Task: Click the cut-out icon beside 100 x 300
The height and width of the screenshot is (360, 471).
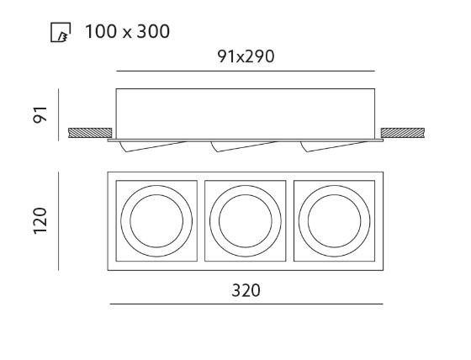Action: (x=61, y=32)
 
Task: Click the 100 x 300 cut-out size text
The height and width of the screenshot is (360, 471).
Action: (x=127, y=31)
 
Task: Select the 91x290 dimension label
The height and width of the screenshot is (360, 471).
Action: (x=246, y=56)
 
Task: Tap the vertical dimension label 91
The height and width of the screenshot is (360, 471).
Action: (x=40, y=114)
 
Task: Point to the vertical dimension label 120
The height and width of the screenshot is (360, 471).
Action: (x=40, y=221)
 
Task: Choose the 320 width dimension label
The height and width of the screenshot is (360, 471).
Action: (x=246, y=290)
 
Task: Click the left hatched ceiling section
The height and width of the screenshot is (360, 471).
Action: (x=90, y=133)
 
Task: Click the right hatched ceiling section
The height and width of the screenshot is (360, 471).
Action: (x=403, y=133)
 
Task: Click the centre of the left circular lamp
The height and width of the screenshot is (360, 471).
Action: (x=156, y=221)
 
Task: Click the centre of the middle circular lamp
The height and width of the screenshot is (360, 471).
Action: (x=246, y=221)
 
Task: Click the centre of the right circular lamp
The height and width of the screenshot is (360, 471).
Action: (x=335, y=221)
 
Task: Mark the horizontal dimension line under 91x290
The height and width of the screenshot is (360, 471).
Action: (x=246, y=71)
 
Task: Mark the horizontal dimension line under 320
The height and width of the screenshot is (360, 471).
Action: (x=246, y=304)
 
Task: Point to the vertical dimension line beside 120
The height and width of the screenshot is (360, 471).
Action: (x=59, y=221)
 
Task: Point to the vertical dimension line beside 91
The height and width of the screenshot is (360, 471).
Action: (x=59, y=114)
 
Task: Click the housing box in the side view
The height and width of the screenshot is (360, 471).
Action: (x=246, y=114)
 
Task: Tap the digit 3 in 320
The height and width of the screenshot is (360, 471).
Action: (x=236, y=290)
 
